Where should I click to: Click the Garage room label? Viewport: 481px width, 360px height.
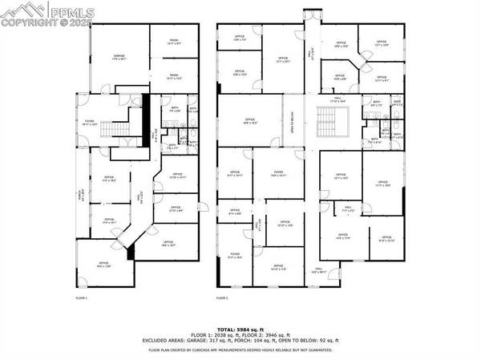tap(118, 57)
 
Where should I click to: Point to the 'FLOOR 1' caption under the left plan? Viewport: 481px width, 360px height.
tap(80, 297)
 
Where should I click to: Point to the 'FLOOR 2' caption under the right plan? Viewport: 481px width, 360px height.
tap(222, 297)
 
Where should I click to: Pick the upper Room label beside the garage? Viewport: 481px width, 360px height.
tap(173, 43)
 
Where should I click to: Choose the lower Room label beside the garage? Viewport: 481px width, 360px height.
tap(173, 79)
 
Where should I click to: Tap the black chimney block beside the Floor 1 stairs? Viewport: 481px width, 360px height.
tap(145, 116)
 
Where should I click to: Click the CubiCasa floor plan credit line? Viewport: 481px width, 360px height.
tap(240, 348)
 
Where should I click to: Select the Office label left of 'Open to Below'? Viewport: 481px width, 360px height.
tap(249, 122)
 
